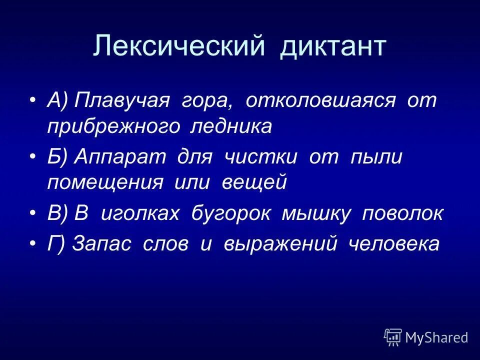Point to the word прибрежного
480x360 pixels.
click(x=113, y=126)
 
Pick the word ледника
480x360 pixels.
click(x=231, y=126)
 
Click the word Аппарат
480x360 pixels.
click(x=120, y=156)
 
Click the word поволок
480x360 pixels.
click(x=402, y=213)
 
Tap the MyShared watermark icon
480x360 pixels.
click(x=393, y=337)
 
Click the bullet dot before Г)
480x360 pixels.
click(x=32, y=244)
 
